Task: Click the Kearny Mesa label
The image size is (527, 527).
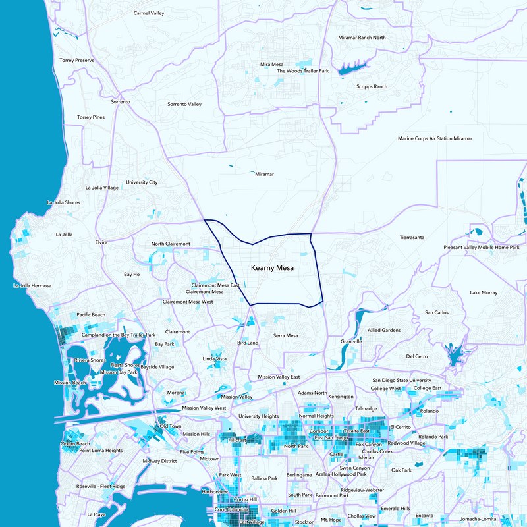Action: tap(272, 269)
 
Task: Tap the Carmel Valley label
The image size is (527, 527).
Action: tap(149, 13)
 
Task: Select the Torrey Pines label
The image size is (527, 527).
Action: tap(91, 117)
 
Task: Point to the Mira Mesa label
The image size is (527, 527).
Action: tap(271, 65)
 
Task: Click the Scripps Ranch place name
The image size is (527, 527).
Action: tap(372, 86)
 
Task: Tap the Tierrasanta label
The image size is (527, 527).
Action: tap(414, 236)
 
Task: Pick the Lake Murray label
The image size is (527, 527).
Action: tap(484, 292)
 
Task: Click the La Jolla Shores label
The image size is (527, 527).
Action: tap(63, 202)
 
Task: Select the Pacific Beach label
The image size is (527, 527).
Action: tap(91, 315)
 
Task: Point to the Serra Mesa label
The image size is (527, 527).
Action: tap(286, 336)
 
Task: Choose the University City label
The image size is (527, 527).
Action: tap(142, 182)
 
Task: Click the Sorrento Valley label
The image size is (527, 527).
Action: tap(184, 104)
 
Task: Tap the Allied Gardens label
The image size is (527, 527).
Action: tap(384, 330)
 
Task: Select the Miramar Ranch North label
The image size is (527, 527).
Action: tap(362, 38)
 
